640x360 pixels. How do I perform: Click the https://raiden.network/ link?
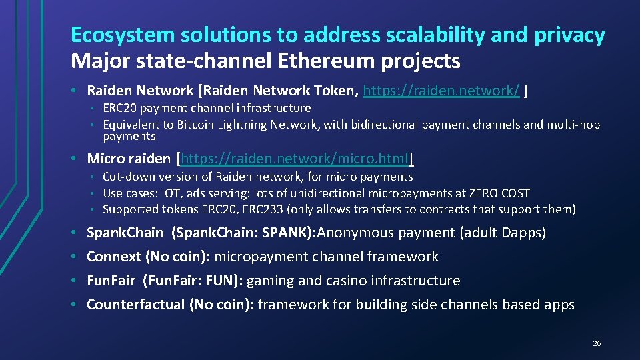[x=441, y=90]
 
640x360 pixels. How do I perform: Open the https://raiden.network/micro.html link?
[x=296, y=159]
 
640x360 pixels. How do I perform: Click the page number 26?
[x=597, y=343]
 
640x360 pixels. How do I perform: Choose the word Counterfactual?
[x=136, y=305]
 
